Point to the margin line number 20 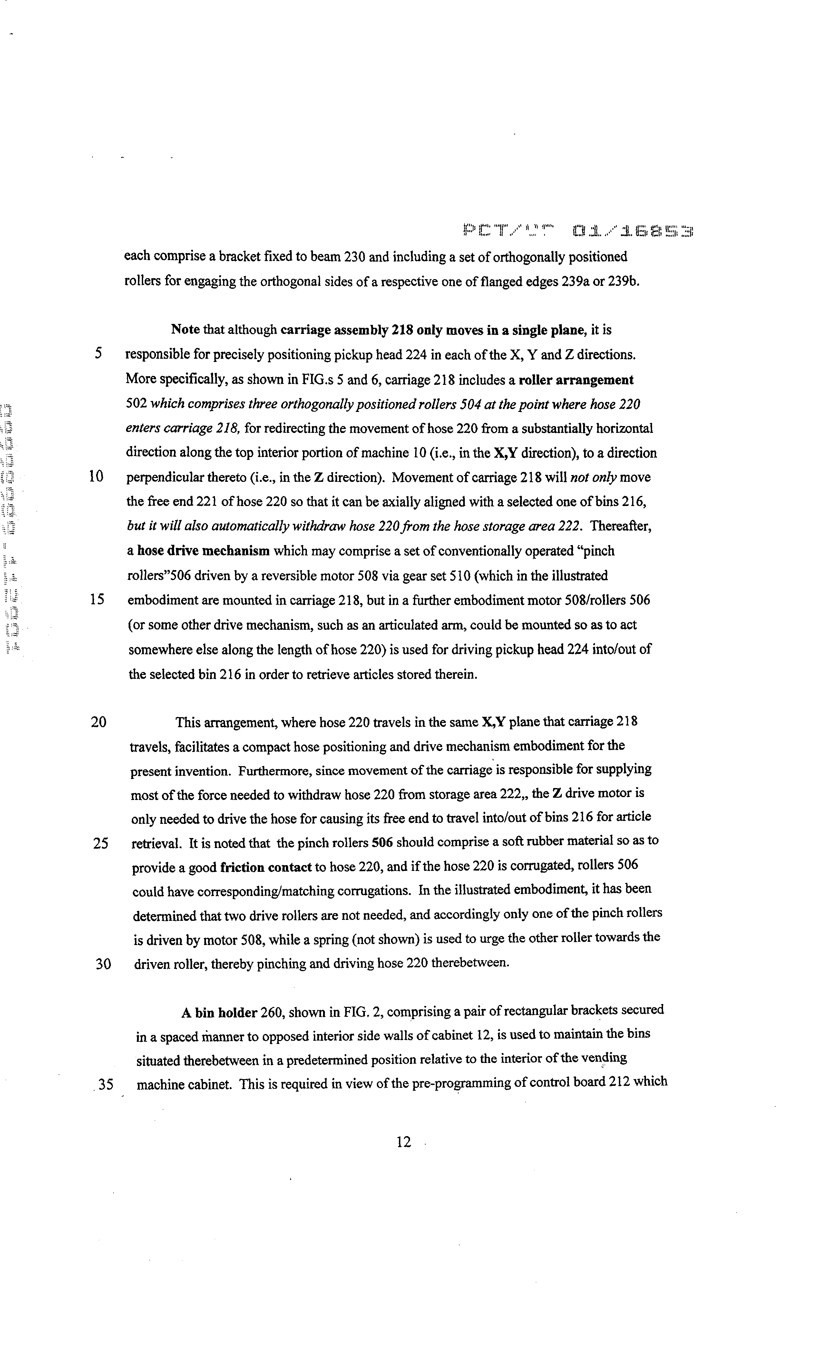(99, 722)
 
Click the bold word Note (186, 330)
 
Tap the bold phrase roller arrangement (576, 380)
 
